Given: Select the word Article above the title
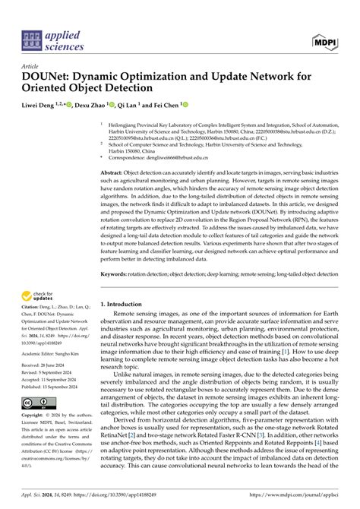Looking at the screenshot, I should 33,67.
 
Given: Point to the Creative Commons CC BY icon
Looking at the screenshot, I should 37,402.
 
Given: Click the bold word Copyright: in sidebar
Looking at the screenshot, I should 37,416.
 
